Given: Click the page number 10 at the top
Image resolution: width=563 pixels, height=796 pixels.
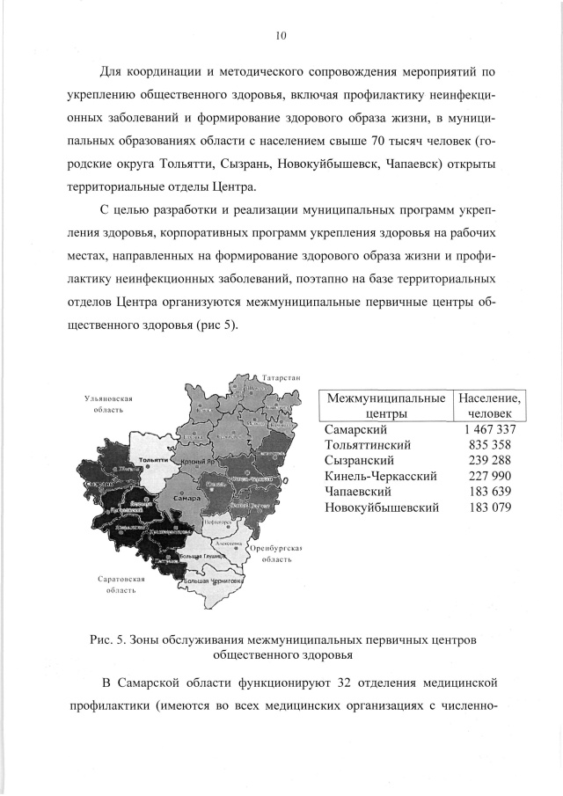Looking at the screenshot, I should (281, 36).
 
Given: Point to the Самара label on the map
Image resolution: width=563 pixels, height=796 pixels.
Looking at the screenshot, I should (188, 498).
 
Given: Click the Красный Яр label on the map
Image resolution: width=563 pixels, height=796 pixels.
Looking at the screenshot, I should (199, 462).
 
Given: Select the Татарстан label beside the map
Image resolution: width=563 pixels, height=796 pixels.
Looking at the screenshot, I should (281, 378).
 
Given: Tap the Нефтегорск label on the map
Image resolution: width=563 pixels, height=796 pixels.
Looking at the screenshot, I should (216, 522).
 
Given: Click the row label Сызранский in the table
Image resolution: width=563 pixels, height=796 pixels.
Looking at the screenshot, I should (359, 461).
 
